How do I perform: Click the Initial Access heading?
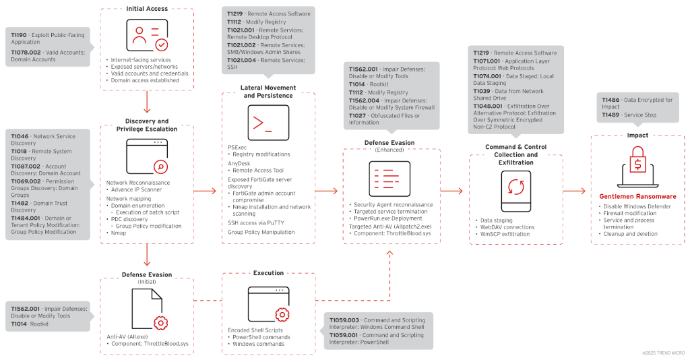point(147,9)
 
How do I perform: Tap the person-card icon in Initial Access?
point(147,35)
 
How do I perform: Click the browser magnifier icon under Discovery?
point(147,156)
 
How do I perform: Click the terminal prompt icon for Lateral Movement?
point(268,122)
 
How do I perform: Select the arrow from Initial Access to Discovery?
point(147,102)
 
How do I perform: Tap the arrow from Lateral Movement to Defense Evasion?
point(327,191)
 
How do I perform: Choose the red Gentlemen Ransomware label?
point(637,197)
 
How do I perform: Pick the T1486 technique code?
point(611,100)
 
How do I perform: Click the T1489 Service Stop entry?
point(630,115)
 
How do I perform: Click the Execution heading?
point(268,274)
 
